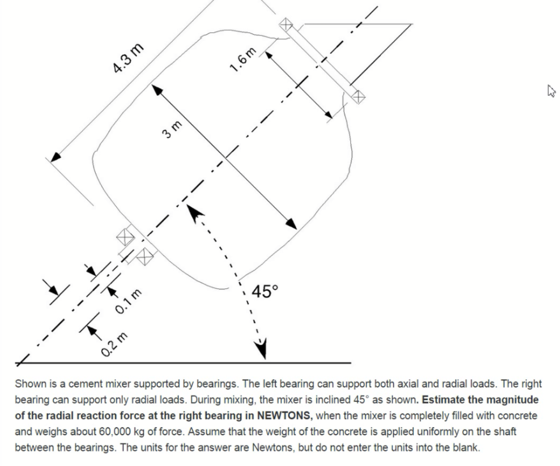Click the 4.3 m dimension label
coord(128,59)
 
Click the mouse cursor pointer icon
coord(550,91)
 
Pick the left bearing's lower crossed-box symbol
coord(145,256)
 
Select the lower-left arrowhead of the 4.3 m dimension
coord(56,156)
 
